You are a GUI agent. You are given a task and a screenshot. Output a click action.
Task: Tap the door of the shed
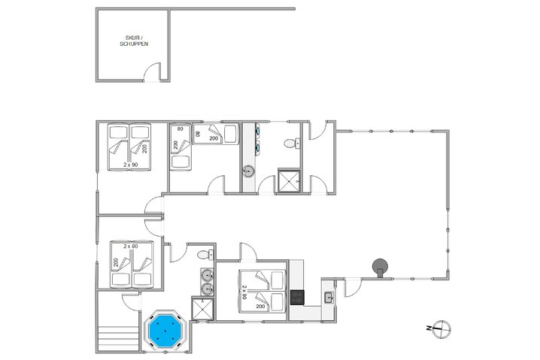pyautogui.click(x=153, y=74)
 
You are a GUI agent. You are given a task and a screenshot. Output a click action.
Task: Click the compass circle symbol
pyautogui.click(x=444, y=328)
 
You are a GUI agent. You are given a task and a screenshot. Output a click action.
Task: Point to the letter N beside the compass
pyautogui.click(x=427, y=328)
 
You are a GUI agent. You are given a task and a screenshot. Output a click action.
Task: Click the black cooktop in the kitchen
pyautogui.click(x=298, y=295)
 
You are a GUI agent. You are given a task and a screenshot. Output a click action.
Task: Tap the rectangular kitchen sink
pyautogui.click(x=328, y=298)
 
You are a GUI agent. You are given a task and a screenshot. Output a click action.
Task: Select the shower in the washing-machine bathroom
pyautogui.click(x=287, y=180)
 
